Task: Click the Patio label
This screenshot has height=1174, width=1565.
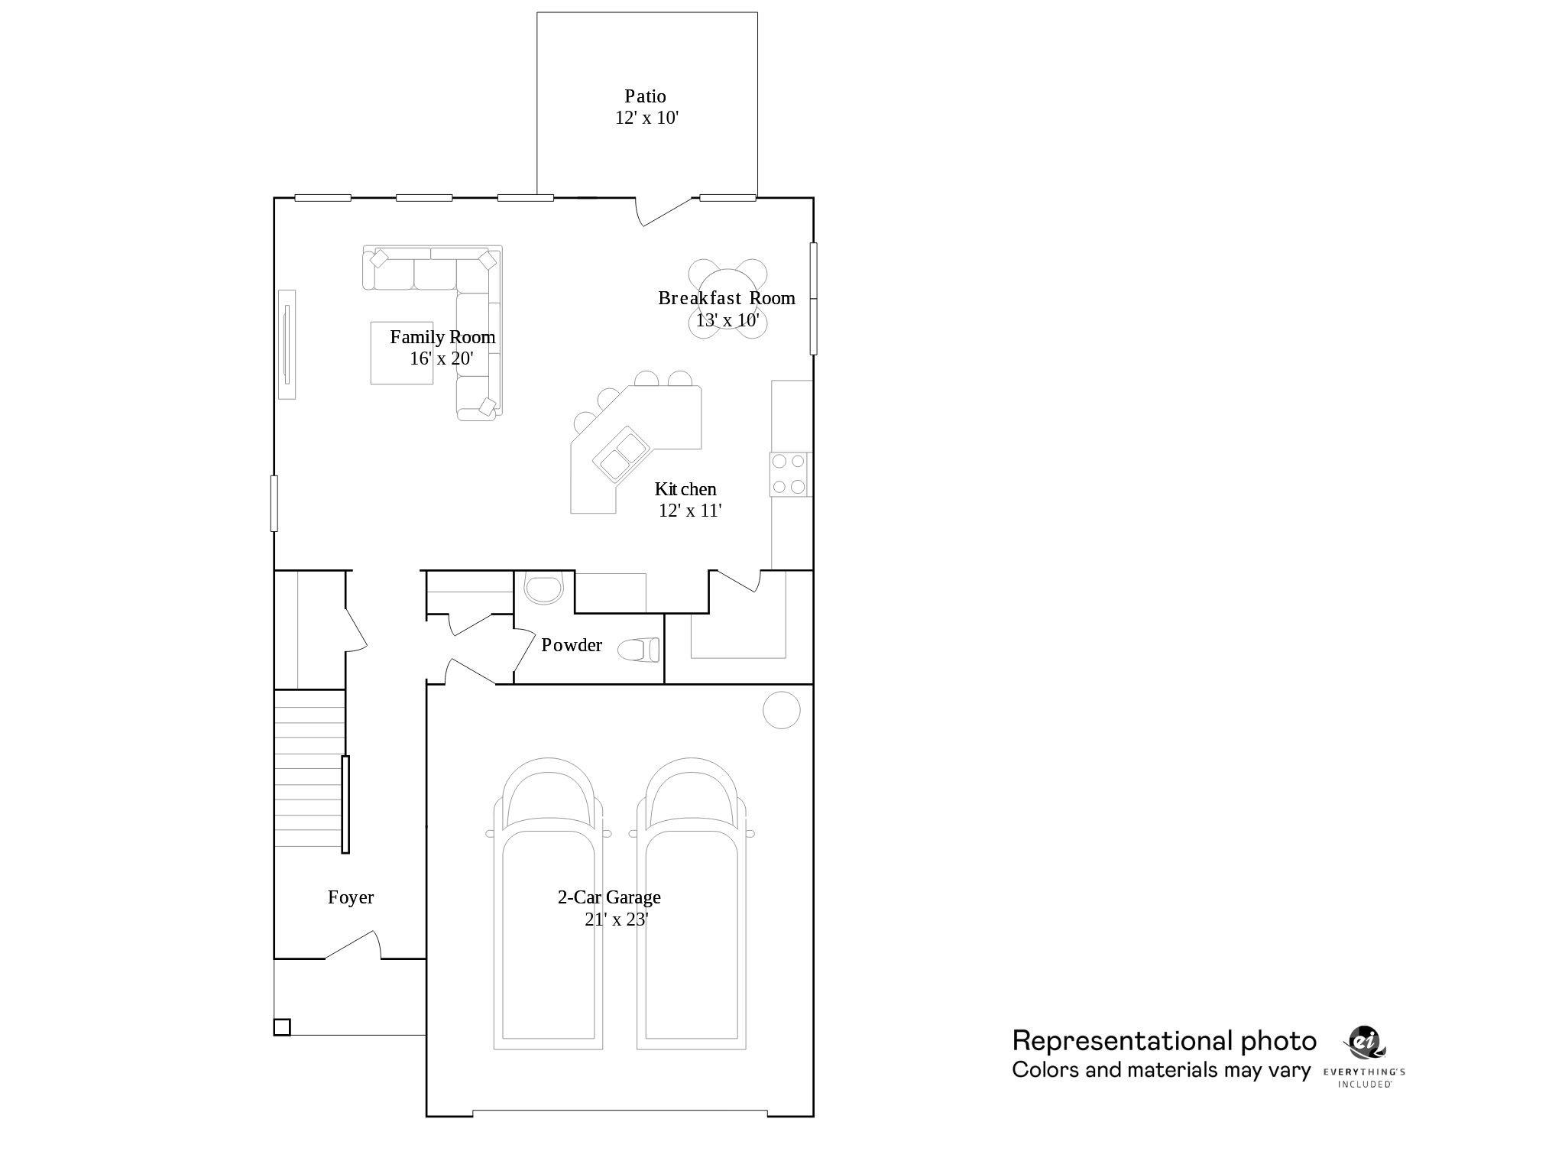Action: (x=645, y=96)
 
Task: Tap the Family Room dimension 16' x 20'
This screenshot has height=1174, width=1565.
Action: (x=442, y=358)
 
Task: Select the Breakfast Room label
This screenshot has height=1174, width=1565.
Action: (x=726, y=298)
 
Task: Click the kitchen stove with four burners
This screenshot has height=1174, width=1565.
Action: (x=789, y=474)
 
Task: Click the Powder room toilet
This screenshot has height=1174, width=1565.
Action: (x=639, y=650)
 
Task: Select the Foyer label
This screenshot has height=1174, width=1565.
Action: (x=351, y=897)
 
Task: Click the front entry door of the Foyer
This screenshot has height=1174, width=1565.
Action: (x=353, y=945)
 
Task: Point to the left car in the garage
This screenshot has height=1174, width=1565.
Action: (x=548, y=902)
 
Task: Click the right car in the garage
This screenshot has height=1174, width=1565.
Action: (x=691, y=902)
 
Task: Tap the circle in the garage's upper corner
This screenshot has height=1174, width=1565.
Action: (x=781, y=710)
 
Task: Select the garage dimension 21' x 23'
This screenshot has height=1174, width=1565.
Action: (x=616, y=919)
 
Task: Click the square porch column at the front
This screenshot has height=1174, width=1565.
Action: (x=282, y=1027)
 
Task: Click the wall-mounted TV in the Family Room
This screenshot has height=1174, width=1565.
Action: (x=287, y=344)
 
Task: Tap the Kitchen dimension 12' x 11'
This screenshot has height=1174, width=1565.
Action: (x=690, y=511)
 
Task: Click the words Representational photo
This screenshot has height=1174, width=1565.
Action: (x=1164, y=1041)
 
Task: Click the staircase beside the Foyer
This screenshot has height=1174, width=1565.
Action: (x=309, y=768)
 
